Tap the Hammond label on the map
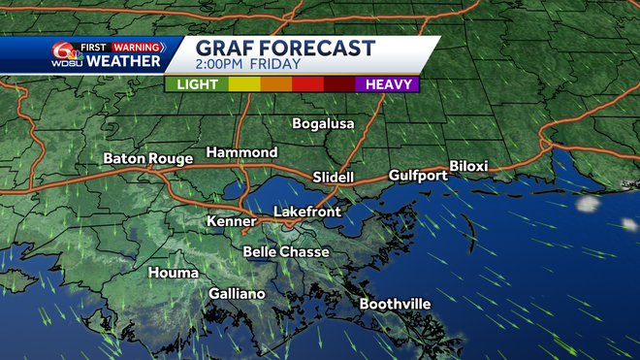(241, 152)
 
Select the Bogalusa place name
(324, 123)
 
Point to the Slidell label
(335, 178)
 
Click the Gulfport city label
(418, 175)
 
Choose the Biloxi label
(468, 166)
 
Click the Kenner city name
(231, 222)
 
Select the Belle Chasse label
(286, 251)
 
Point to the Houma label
(173, 273)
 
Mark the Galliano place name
(237, 293)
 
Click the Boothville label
(395, 304)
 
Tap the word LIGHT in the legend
(196, 84)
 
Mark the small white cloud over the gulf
(587, 204)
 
